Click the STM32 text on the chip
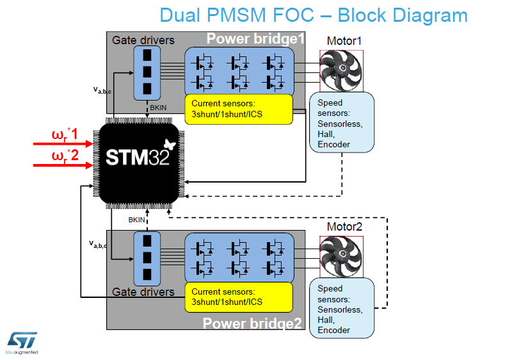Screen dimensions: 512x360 tap(138, 158)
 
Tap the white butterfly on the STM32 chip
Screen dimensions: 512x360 tap(170, 144)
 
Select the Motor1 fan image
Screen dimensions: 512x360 tap(341, 71)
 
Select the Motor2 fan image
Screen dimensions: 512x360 tap(341, 257)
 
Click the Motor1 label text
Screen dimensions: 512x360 tap(344, 41)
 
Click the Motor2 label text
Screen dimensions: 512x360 tap(344, 227)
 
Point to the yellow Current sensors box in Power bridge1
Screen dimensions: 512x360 tap(239, 110)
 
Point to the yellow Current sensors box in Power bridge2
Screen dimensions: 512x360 tap(239, 297)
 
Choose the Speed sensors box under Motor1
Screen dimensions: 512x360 tap(342, 122)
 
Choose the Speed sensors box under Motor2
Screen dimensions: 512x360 tap(342, 308)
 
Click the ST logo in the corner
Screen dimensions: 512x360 tap(22, 343)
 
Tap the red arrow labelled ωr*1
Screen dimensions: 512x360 tap(63, 143)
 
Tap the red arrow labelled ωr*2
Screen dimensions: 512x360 tap(63, 165)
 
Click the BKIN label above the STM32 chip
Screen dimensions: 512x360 tap(158, 108)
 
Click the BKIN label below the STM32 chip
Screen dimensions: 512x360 tap(136, 220)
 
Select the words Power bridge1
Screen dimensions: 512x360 tap(255, 39)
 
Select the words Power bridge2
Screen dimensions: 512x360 tap(252, 323)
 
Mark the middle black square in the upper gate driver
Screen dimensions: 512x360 tap(147, 72)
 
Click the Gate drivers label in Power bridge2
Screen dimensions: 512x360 tap(143, 291)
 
